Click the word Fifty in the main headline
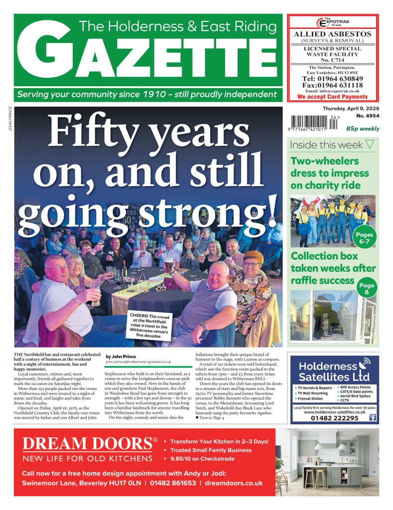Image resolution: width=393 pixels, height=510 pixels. pyautogui.click(x=101, y=134)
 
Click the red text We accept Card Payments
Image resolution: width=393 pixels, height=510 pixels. pyautogui.click(x=332, y=97)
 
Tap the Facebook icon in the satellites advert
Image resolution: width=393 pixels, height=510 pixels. pyautogui.click(x=372, y=418)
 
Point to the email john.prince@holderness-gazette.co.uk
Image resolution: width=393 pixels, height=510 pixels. pyautogui.click(x=138, y=362)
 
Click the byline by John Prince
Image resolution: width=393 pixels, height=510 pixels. pyautogui.click(x=123, y=356)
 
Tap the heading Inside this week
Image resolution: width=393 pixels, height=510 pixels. pyautogui.click(x=327, y=145)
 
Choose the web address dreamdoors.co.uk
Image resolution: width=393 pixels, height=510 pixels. pyautogui.click(x=233, y=483)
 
